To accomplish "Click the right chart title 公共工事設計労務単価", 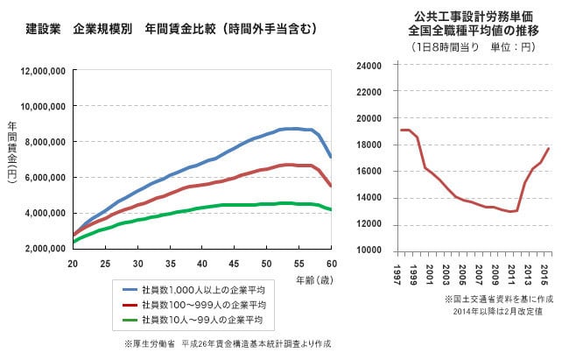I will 472,16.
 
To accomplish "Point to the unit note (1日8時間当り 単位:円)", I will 472,46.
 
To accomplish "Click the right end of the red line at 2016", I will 548,148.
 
